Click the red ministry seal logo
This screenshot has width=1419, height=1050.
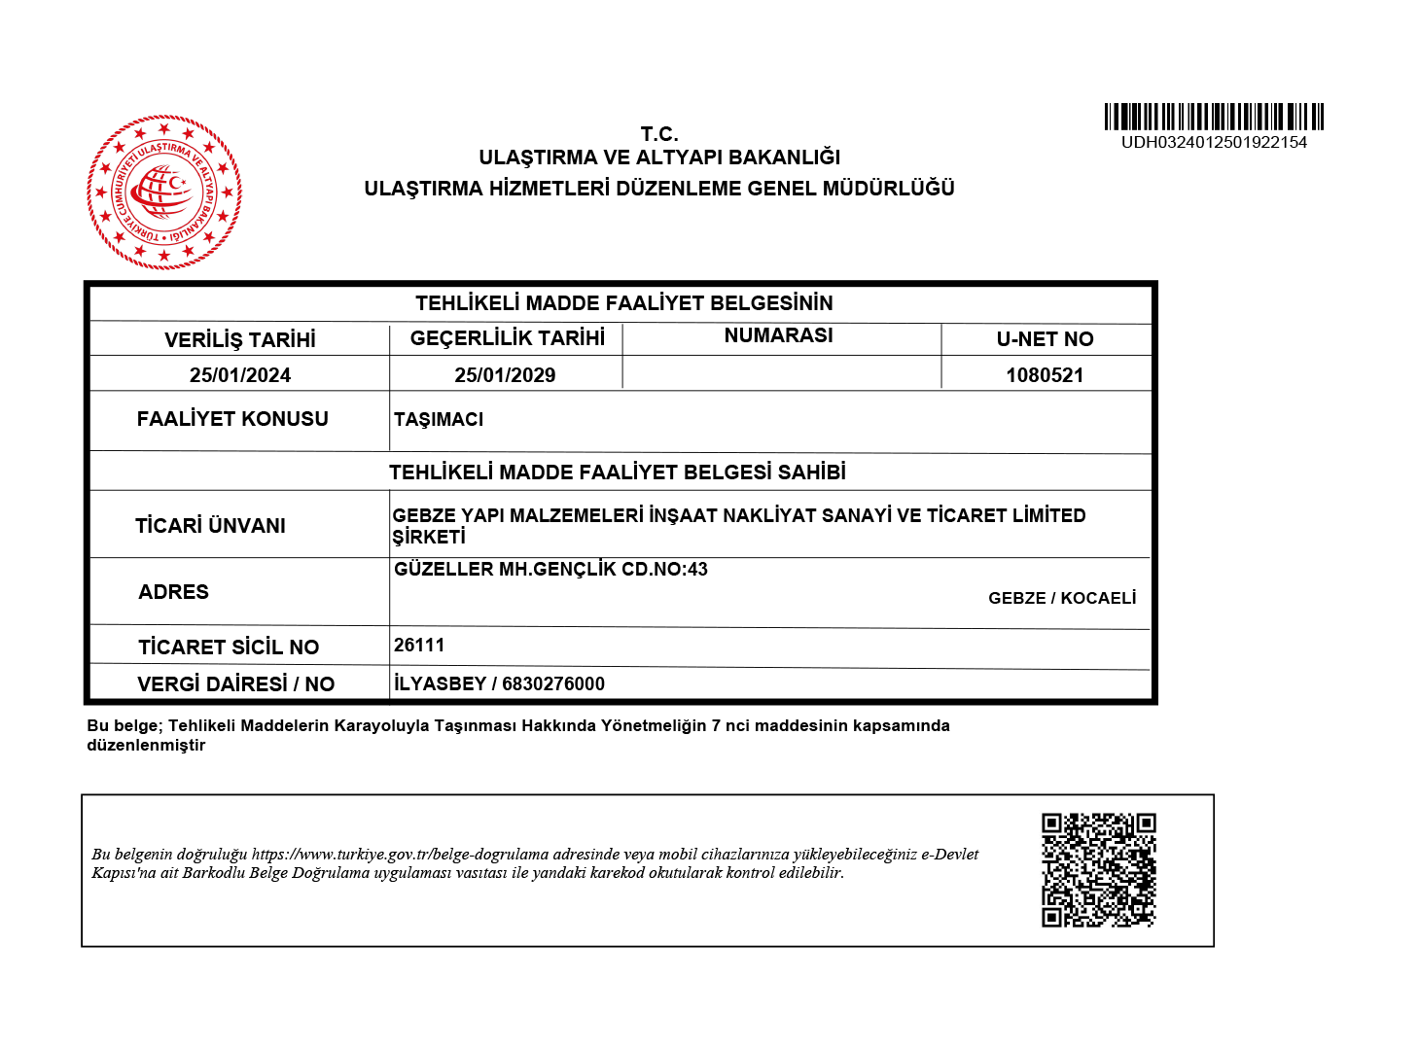pos(163,192)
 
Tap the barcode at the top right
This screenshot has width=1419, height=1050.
pos(1214,117)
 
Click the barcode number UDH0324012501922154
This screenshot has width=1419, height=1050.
pos(1214,142)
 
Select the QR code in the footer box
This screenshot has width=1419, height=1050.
pos(1098,870)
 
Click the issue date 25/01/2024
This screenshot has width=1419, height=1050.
pos(240,375)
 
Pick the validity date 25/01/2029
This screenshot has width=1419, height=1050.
pos(505,375)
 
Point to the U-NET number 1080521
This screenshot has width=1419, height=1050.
pos(1045,375)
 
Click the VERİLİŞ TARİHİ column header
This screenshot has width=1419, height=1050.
pos(240,339)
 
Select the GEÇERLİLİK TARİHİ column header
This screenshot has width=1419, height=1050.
pos(507,338)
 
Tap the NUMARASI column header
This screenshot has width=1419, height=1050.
pos(778,335)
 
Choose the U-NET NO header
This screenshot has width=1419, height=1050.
pos(1045,339)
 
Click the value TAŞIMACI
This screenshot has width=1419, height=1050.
pos(439,419)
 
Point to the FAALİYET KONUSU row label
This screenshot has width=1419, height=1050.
pos(232,419)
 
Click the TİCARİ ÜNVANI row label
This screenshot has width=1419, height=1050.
pos(210,526)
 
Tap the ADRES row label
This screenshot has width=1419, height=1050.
pos(173,592)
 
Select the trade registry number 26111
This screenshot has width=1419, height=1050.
pos(419,646)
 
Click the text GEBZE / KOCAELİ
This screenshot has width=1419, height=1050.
pos(1062,598)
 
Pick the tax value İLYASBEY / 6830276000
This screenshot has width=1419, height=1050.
pos(499,683)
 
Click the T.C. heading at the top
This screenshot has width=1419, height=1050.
pos(659,134)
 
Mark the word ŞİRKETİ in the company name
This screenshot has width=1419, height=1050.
pos(429,537)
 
